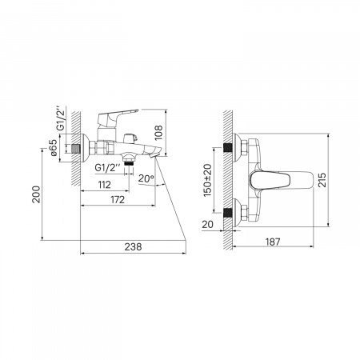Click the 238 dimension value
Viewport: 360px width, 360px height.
(x=133, y=247)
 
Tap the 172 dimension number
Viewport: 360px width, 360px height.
(x=118, y=200)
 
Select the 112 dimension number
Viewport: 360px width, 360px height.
(x=104, y=185)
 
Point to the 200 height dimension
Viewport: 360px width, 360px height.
(x=36, y=194)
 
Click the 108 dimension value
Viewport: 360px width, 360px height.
(x=158, y=133)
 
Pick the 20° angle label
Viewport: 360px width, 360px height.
(x=146, y=178)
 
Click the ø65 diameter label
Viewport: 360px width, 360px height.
(x=54, y=147)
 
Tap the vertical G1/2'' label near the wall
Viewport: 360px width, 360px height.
(x=61, y=119)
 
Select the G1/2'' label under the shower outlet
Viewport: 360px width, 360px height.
(x=108, y=168)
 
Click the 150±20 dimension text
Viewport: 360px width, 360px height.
(x=207, y=181)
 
